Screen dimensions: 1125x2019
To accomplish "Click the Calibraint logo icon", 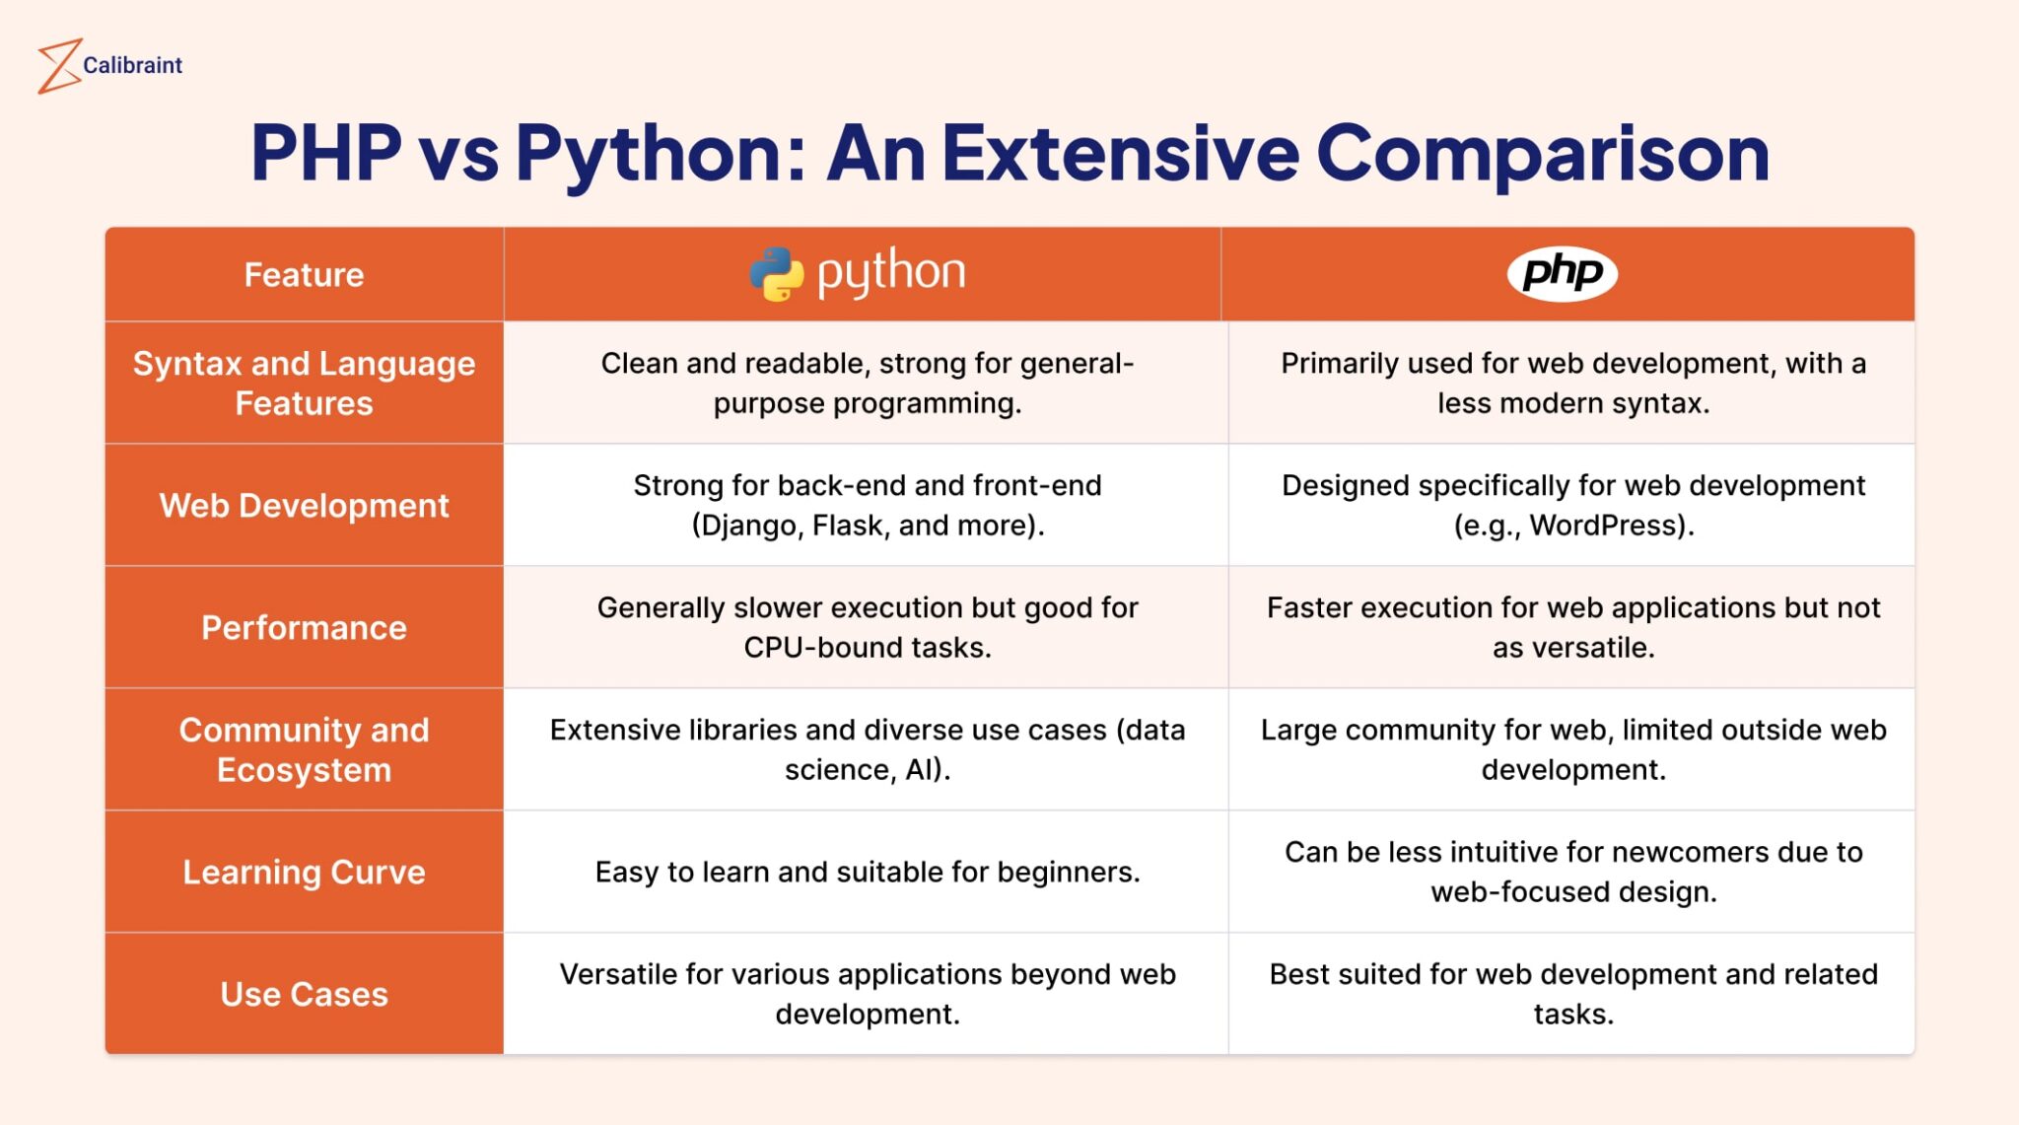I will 58,66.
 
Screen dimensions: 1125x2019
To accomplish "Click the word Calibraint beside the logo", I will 132,65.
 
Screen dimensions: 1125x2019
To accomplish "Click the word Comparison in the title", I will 1543,153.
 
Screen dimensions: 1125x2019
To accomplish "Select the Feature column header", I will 304,274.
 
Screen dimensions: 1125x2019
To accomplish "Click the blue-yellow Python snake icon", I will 777,273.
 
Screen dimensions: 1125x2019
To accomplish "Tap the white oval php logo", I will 1562,273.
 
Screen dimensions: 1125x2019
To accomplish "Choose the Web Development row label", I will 304,505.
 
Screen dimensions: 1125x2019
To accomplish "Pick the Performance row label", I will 304,627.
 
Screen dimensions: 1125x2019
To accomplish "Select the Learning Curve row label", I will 304,872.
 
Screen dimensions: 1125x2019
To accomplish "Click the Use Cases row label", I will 304,994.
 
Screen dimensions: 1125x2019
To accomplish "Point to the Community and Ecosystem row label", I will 304,749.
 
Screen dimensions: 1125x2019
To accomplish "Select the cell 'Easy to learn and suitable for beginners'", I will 867,872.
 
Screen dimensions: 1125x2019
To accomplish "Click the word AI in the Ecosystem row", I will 921,770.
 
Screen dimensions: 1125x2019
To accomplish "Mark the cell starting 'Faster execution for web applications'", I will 1572,627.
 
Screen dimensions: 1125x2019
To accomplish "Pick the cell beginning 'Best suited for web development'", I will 1572,994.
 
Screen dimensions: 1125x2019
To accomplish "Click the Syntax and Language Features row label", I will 304,383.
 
